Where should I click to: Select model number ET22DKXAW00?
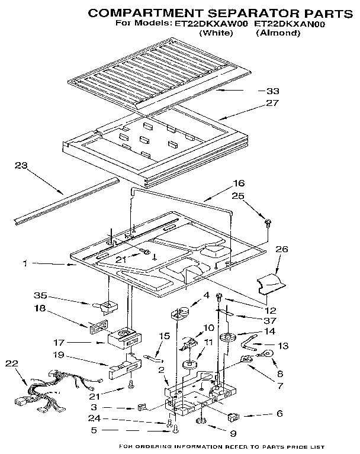(x=210, y=24)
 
